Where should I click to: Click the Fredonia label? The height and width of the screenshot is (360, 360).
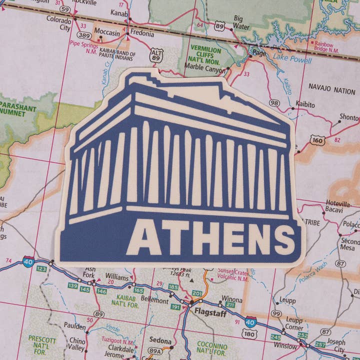142,33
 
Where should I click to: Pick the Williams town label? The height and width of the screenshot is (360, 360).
116,276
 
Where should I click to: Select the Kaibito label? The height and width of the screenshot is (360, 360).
305,105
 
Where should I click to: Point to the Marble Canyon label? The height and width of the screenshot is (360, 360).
205,70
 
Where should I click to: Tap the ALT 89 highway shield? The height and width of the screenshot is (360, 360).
156,55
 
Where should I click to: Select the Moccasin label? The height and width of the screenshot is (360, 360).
107,33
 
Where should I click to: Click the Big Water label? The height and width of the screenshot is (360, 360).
241,22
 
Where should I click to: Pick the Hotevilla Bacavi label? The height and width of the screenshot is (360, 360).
338,206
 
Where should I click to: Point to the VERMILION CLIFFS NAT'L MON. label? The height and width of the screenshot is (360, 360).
205,53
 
